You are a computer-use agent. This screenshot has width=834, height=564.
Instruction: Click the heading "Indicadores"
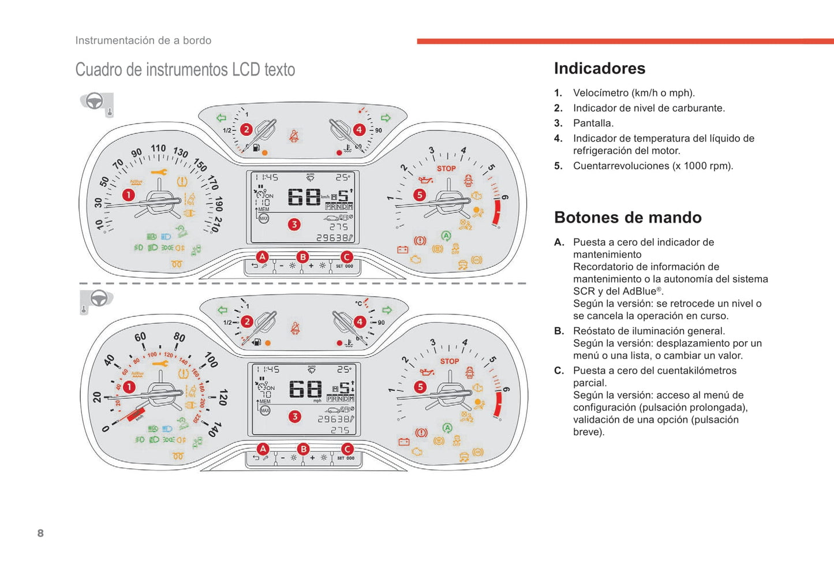pos(599,69)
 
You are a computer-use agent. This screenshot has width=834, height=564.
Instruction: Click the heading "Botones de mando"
pos(627,218)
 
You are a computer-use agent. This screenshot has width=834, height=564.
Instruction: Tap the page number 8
pos(40,533)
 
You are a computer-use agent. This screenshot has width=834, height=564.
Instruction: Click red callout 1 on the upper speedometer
pos(128,195)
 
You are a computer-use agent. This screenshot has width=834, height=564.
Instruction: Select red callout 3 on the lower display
pos(295,416)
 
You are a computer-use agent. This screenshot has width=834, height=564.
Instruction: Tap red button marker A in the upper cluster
pos(262,256)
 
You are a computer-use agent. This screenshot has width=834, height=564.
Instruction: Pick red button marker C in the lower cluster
pos(347,449)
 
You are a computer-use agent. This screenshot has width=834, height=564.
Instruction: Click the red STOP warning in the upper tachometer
pos(446,169)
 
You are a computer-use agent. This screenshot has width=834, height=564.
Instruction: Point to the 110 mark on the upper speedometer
pos(158,149)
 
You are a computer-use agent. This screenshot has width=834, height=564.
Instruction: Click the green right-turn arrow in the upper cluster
pos(386,118)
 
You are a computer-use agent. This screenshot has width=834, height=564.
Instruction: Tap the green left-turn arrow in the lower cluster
pos(222,310)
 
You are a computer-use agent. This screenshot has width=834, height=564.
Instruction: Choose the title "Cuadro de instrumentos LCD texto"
pos(185,70)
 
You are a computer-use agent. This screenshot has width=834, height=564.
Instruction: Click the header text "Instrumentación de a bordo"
pos(143,40)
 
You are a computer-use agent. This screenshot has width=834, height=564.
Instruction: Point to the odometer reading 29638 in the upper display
pos(332,237)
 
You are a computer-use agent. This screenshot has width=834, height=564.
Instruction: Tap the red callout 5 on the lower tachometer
pos(420,387)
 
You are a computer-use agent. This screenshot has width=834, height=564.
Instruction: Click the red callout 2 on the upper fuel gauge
pos(246,129)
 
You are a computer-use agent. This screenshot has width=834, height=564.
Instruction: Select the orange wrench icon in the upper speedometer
pos(159,172)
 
